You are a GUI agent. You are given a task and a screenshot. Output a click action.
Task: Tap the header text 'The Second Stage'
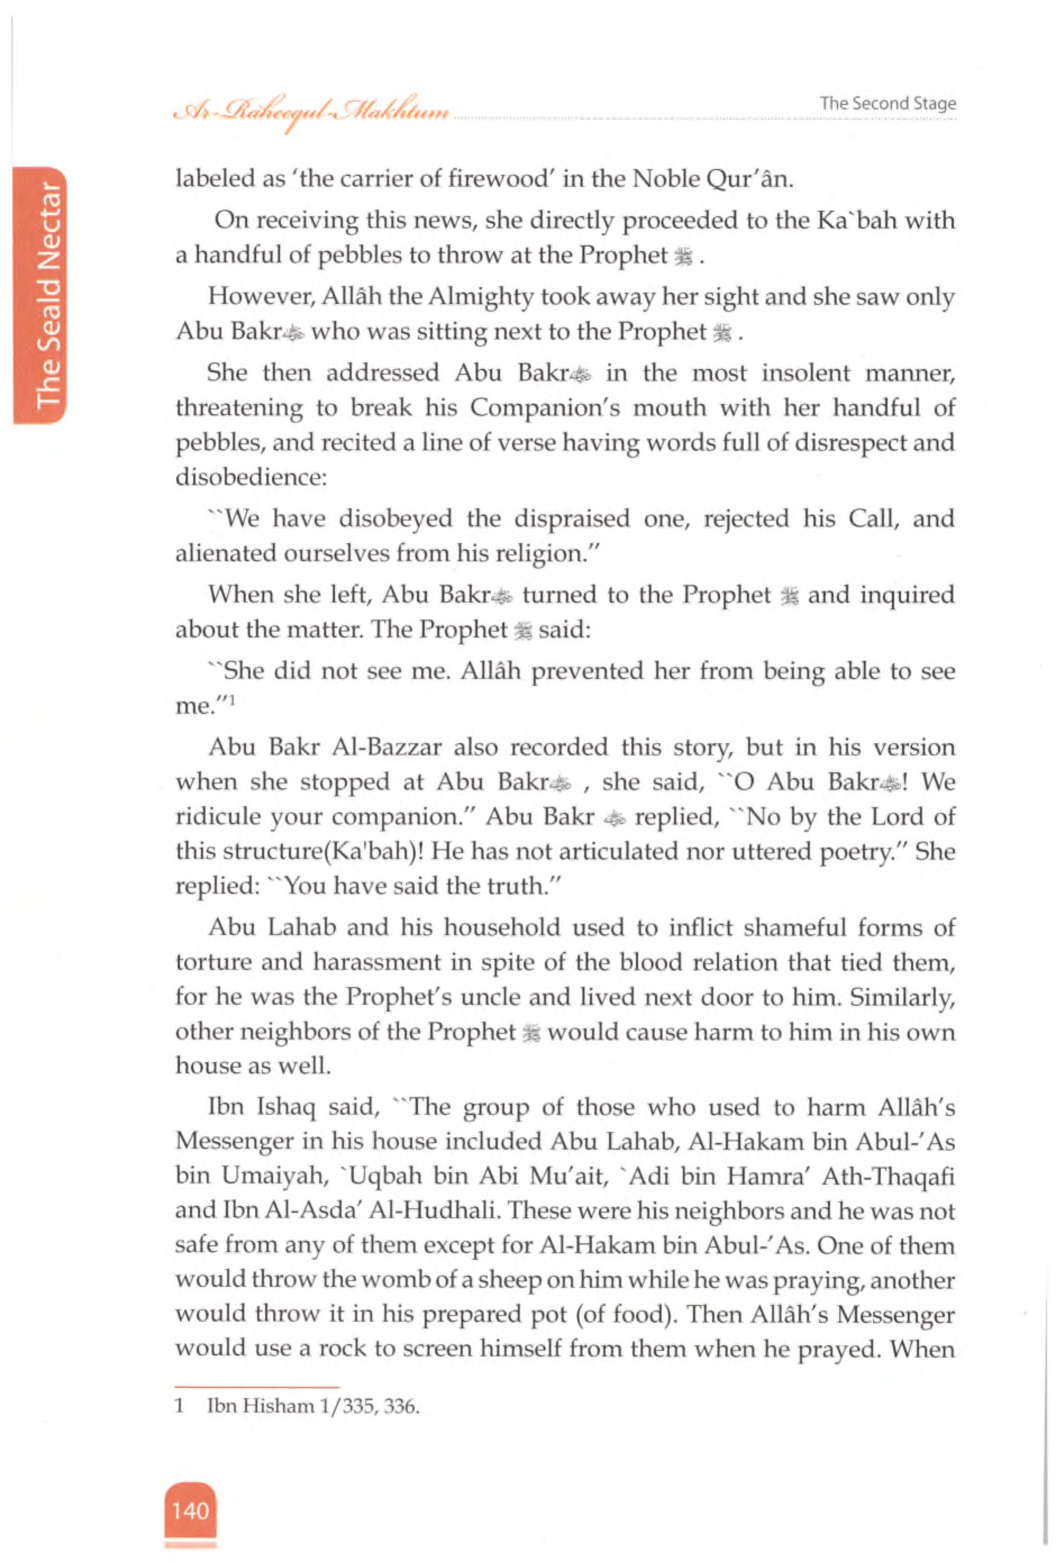coord(887,103)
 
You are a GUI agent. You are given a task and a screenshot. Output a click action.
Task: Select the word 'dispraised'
coord(572,519)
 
